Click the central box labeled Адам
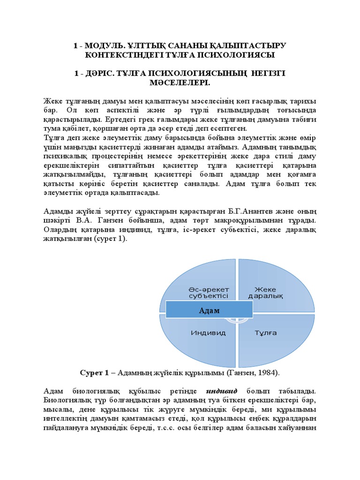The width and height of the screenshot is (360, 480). [x=209, y=310]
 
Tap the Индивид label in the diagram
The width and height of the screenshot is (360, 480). [x=208, y=333]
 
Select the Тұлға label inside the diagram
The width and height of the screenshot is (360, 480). [x=265, y=333]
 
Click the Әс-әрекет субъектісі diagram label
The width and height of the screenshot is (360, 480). [x=209, y=292]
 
